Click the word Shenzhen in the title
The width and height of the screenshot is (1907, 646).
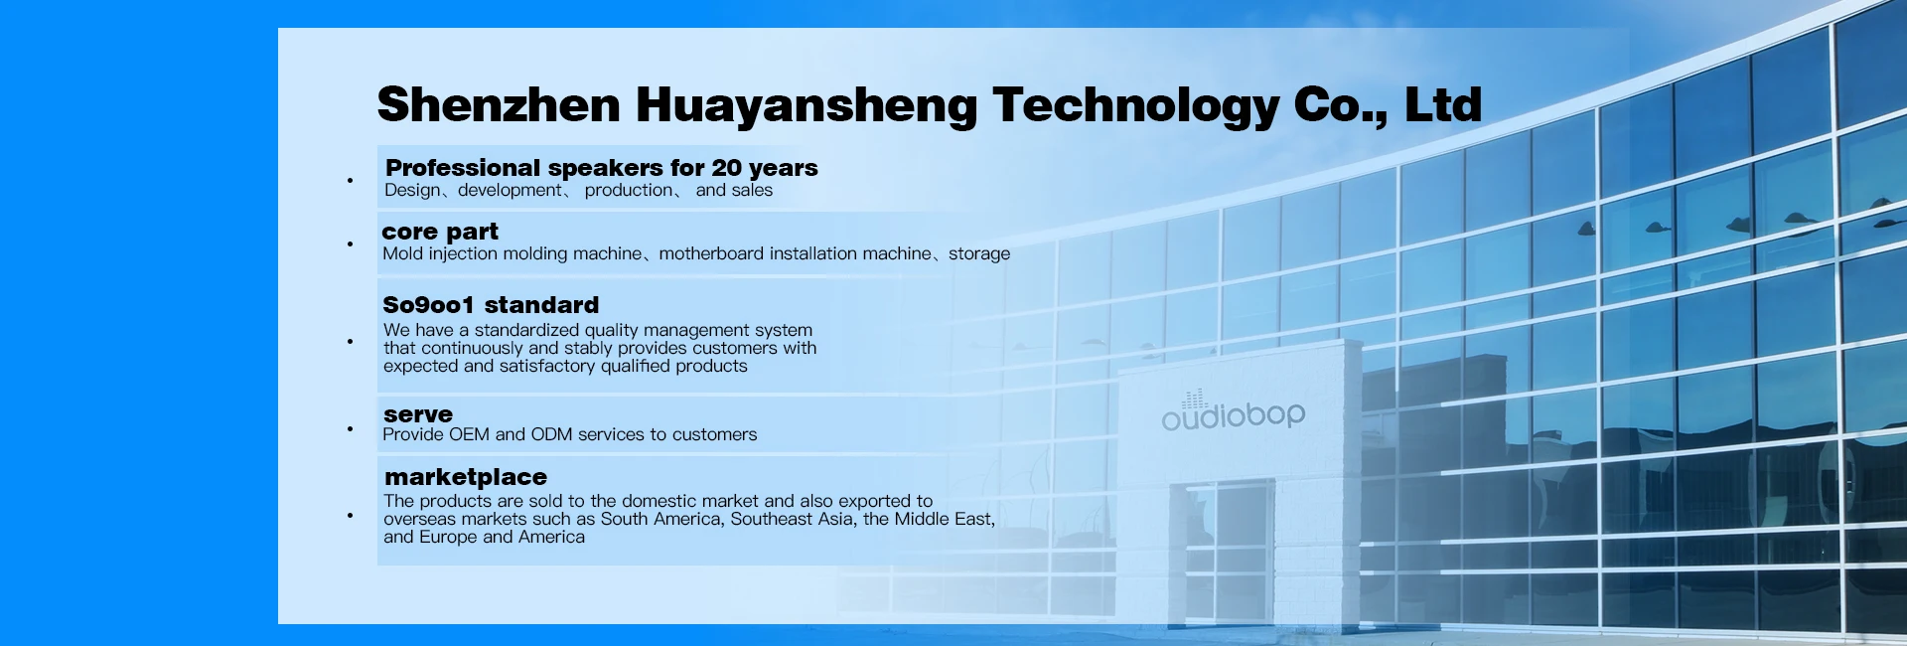[499, 104]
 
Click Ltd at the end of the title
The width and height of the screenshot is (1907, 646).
[1443, 104]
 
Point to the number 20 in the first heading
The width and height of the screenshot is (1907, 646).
[726, 167]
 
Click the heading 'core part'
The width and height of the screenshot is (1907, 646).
[440, 232]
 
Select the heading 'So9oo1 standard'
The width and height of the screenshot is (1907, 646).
[491, 305]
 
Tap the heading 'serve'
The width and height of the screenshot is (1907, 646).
[418, 414]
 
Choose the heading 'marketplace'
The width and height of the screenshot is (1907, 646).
[466, 477]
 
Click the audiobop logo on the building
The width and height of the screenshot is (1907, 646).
[1234, 412]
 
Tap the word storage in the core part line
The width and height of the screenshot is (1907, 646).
[979, 254]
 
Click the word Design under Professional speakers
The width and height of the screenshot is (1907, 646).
[412, 191]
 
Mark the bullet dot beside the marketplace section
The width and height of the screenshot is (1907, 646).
[350, 516]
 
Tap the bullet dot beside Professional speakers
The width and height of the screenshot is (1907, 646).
[350, 181]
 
